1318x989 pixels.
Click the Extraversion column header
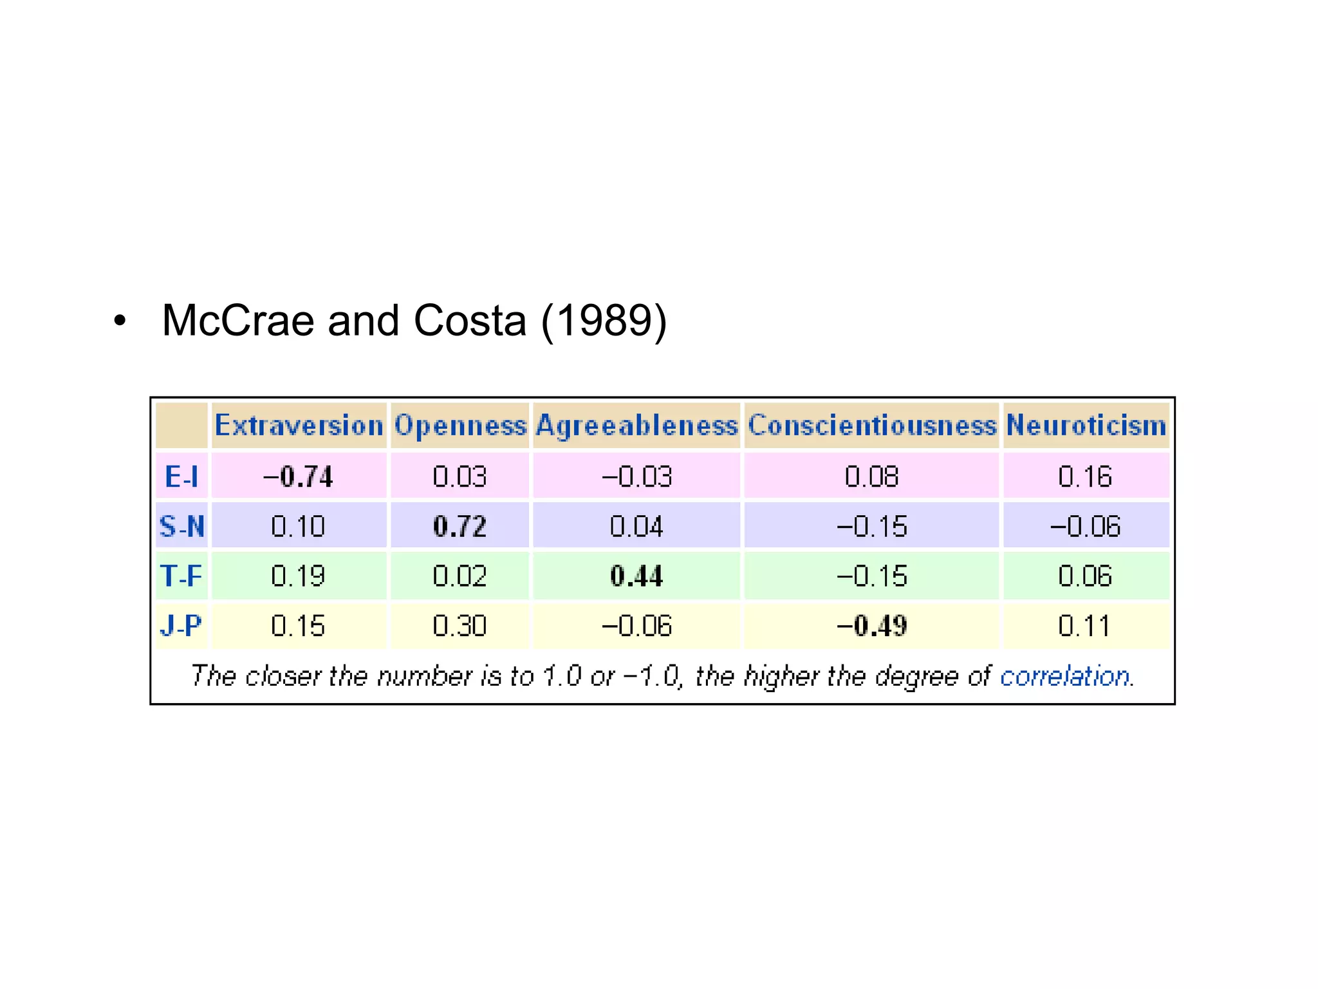(299, 426)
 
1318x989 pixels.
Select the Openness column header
(459, 426)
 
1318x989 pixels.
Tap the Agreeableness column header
(636, 426)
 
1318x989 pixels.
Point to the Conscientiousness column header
(871, 426)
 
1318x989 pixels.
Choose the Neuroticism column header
(1086, 426)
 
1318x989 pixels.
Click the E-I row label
(181, 476)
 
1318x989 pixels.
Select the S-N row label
(181, 526)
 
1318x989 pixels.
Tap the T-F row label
(181, 576)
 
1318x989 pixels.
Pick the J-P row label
(181, 625)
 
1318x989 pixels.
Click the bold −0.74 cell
(299, 476)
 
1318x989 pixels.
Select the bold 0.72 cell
(459, 526)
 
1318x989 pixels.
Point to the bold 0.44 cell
(636, 576)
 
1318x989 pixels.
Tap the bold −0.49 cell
(871, 625)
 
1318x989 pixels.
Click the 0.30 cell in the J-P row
(459, 625)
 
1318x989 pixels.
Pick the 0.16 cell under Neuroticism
(1085, 476)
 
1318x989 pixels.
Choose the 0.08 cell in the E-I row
(871, 476)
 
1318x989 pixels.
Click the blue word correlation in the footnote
(1065, 676)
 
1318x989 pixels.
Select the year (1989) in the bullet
(604, 320)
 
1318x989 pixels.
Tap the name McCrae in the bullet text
(237, 320)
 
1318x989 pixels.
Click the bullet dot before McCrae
(120, 321)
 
